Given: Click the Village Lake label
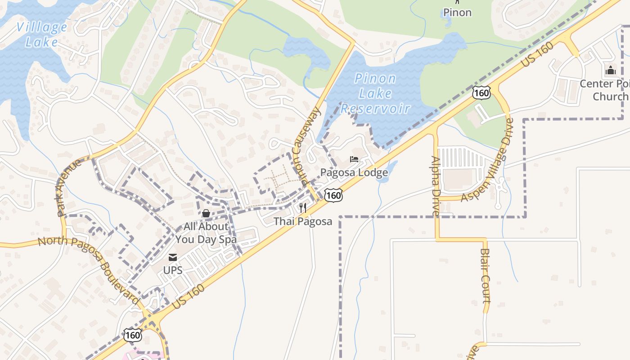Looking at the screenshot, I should [x=41, y=35].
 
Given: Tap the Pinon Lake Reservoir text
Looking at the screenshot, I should [x=375, y=94].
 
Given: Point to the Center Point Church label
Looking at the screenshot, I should [x=604, y=90].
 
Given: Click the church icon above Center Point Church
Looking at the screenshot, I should [x=610, y=70].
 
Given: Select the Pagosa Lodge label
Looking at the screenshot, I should [x=354, y=173].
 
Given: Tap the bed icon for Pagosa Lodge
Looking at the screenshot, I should [x=354, y=159].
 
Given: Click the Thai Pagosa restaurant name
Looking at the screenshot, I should [x=303, y=221].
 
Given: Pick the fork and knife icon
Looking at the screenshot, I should [x=303, y=208].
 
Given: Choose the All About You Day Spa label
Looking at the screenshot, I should [x=206, y=233].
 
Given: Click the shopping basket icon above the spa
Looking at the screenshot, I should [x=206, y=213].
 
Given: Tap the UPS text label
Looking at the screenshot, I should [x=173, y=270].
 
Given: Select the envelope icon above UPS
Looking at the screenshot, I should [x=173, y=257].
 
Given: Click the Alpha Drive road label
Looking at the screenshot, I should [x=436, y=185].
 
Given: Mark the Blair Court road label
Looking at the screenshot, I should [x=485, y=275].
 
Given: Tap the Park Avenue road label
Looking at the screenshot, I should [x=69, y=187].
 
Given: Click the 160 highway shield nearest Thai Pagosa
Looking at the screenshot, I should [x=333, y=195].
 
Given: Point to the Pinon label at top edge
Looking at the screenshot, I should [x=457, y=13].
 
